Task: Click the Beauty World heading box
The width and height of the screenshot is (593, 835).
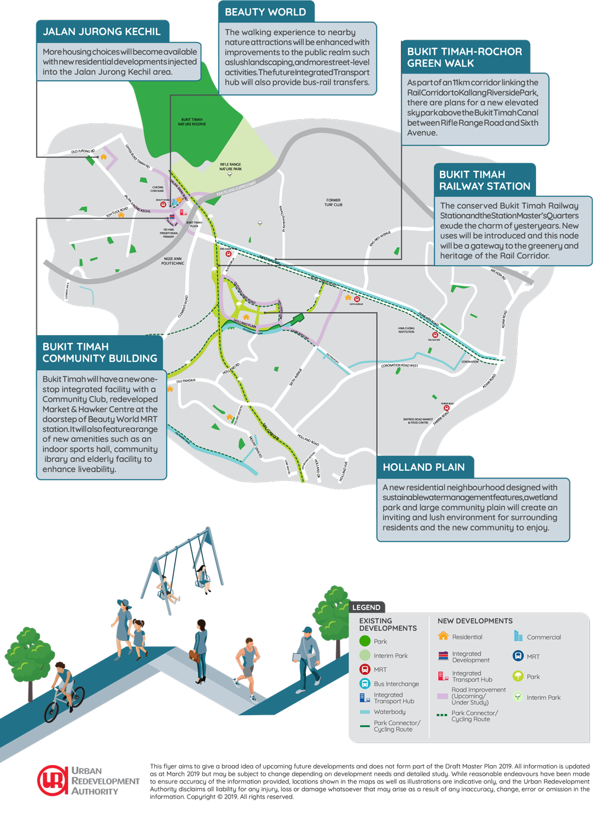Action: pos(266,12)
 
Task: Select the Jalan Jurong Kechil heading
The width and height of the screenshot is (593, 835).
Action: pos(102,31)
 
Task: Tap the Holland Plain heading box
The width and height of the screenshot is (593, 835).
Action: pos(424,467)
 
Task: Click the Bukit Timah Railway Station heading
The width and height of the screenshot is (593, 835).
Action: pos(484,180)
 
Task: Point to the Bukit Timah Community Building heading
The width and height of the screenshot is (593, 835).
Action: pos(100,352)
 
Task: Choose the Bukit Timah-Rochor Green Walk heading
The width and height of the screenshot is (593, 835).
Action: pos(464,57)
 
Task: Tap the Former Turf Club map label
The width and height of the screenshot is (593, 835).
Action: pos(333,202)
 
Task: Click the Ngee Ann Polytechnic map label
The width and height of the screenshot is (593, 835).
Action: pos(173,261)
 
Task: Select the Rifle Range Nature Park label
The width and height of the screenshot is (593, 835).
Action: pos(230,167)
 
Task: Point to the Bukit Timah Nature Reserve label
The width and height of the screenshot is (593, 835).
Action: pos(193,122)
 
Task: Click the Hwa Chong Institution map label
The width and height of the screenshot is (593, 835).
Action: pos(406,330)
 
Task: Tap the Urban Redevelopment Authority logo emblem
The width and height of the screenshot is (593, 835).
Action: pos(52,780)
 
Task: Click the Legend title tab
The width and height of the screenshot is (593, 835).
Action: pos(366,607)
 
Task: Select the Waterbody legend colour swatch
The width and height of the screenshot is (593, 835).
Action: pos(365,712)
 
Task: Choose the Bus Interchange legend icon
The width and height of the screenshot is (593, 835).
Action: pos(365,684)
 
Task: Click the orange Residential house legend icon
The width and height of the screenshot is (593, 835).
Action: pos(443,636)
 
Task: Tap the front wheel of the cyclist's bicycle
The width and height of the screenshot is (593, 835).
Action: pos(53,711)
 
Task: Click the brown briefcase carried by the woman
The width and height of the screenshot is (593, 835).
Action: pos(194,655)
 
